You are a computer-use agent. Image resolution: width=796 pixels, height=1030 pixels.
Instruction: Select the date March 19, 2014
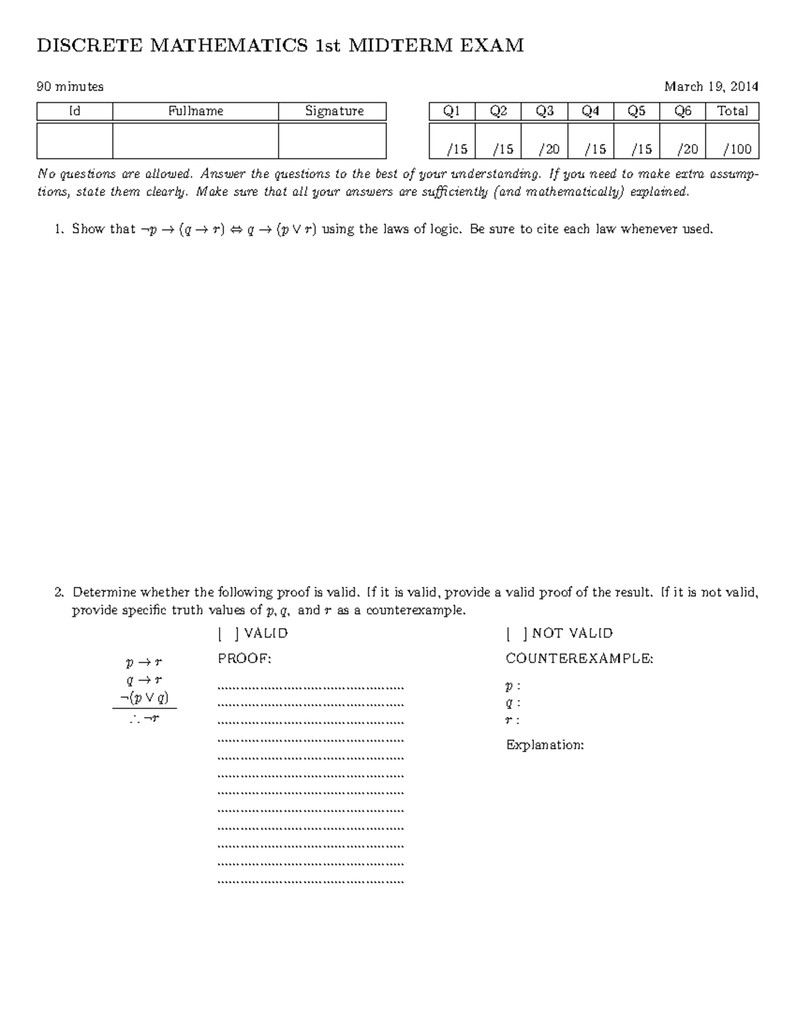(711, 86)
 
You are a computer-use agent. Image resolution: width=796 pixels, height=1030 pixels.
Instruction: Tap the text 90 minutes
(70, 86)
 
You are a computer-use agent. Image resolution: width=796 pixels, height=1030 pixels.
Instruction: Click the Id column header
(74, 111)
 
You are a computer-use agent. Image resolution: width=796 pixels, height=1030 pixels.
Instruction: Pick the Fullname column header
(195, 111)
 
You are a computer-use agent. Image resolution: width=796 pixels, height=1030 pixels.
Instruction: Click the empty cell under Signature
(332, 141)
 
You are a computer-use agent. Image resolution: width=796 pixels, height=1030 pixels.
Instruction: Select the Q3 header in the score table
(544, 111)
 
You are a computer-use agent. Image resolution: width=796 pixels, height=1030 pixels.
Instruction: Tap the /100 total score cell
(732, 149)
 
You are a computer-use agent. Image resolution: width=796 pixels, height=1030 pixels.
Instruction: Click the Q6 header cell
(683, 111)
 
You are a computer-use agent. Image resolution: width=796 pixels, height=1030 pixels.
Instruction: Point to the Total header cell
(732, 111)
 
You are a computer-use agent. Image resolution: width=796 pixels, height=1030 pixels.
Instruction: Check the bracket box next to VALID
(228, 633)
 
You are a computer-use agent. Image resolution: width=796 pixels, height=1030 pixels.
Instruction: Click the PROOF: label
(245, 659)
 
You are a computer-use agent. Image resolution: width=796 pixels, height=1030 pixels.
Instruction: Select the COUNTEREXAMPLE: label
(579, 659)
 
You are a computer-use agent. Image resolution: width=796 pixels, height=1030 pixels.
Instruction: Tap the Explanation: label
(545, 745)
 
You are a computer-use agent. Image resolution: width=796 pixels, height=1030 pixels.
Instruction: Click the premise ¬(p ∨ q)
(144, 697)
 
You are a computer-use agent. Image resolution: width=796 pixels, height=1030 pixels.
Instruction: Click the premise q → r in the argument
(144, 680)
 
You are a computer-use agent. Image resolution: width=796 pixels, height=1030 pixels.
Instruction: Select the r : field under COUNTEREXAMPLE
(512, 720)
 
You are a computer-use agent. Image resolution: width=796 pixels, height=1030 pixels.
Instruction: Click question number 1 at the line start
(59, 229)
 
